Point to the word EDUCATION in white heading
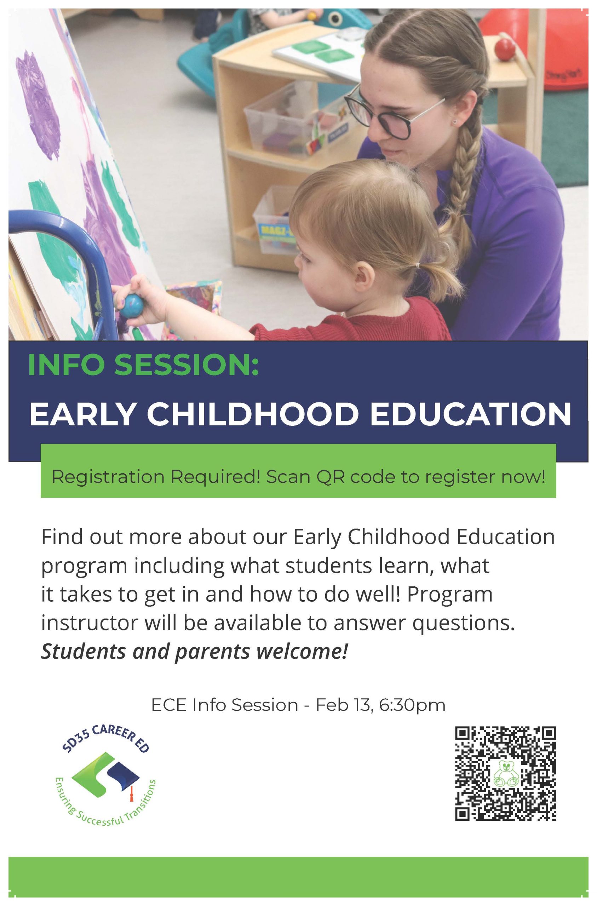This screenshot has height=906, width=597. tap(471, 414)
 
